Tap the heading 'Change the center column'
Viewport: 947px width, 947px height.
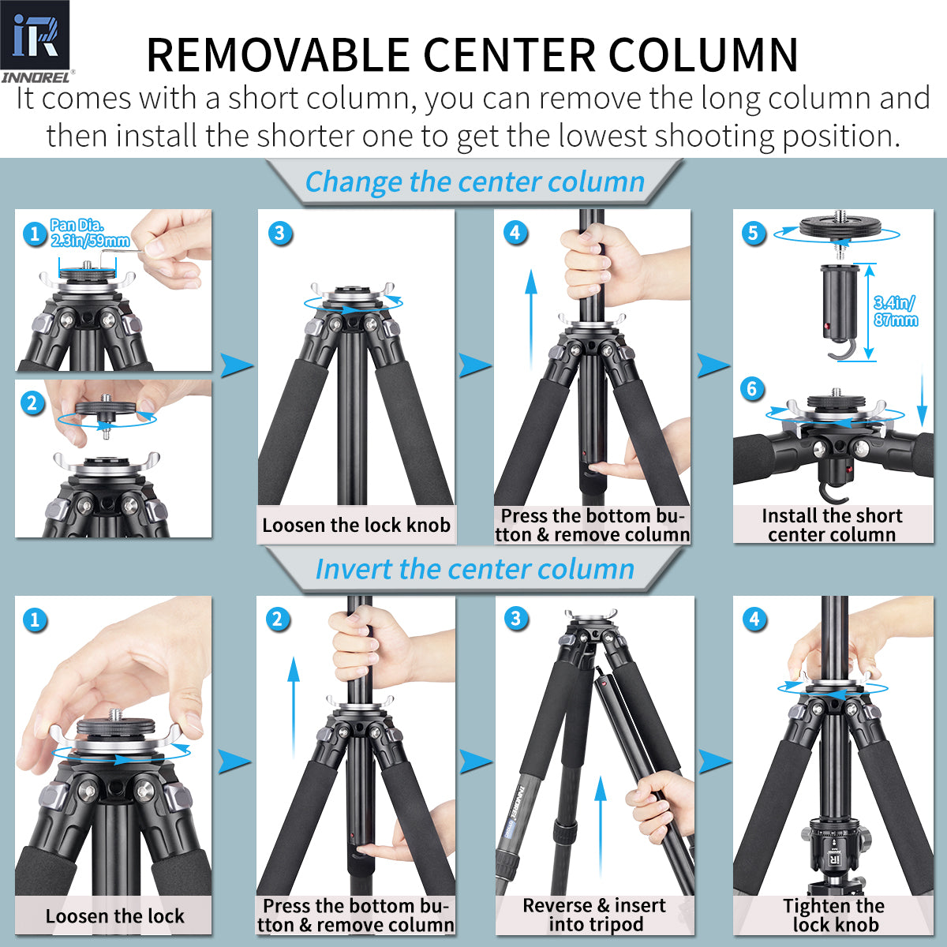coord(474,182)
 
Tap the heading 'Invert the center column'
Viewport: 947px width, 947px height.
coord(474,569)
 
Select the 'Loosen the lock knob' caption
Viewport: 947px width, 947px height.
coord(356,526)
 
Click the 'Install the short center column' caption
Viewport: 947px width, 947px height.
coord(832,526)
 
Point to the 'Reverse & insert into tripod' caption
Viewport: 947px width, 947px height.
coord(594,915)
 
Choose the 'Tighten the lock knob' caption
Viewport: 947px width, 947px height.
coord(833,915)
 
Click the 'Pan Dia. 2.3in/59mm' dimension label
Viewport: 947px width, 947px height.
coord(89,234)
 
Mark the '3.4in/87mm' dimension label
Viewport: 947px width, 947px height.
coord(895,312)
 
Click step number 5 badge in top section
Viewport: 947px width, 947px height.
coord(753,233)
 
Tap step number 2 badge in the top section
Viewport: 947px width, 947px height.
coord(32,403)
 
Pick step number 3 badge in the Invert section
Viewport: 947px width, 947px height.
coord(516,619)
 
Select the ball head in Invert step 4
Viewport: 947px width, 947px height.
coord(833,852)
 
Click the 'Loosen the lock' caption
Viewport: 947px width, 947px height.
coord(114,916)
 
